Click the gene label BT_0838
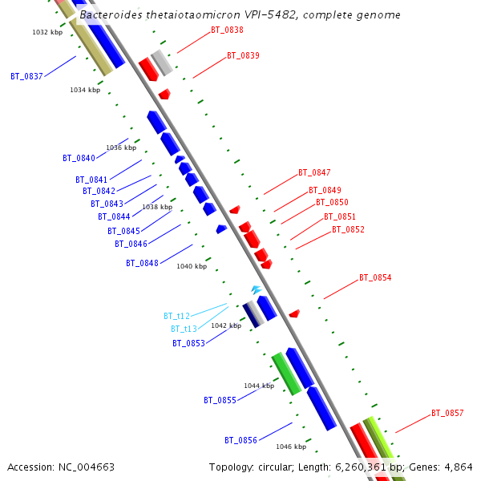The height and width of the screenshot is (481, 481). click(227, 30)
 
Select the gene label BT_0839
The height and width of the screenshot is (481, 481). click(243, 56)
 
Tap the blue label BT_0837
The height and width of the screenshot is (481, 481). click(26, 77)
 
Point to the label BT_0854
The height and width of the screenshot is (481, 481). click(375, 278)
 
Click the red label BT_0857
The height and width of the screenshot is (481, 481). click(447, 414)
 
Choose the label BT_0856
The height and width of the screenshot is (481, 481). click(240, 441)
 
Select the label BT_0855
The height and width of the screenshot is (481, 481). click(220, 400)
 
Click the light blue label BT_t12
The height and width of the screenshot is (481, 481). click(176, 317)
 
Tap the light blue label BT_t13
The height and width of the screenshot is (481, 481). click(184, 329)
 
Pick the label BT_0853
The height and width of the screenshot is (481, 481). click(188, 344)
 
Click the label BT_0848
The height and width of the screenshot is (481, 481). click(142, 264)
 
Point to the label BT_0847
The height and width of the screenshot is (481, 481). click(314, 173)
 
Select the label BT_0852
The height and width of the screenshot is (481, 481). click(348, 230)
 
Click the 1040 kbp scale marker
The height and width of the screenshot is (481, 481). click(192, 266)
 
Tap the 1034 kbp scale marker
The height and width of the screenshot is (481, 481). click(85, 91)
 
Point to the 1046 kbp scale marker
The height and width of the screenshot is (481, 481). click(291, 447)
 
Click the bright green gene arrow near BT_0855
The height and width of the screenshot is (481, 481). click(286, 373)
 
